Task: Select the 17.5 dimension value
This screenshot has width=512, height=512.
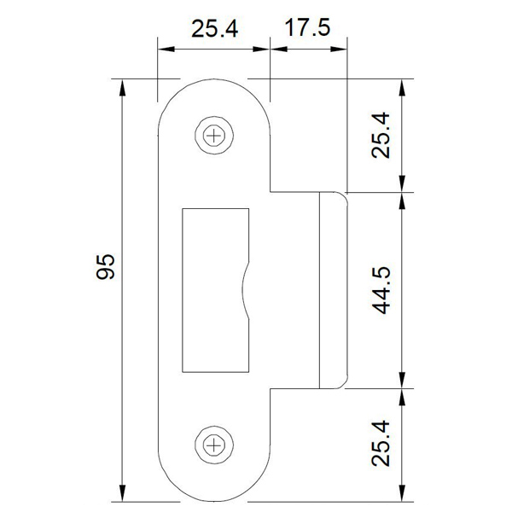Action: [x=307, y=29]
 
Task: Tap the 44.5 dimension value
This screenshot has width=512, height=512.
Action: [x=381, y=289]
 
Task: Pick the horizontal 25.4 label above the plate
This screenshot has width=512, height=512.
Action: [x=214, y=29]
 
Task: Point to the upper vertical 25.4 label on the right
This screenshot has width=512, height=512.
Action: [x=381, y=136]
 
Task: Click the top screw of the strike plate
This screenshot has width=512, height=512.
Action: [x=213, y=134]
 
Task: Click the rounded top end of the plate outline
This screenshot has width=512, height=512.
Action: [x=213, y=85]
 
